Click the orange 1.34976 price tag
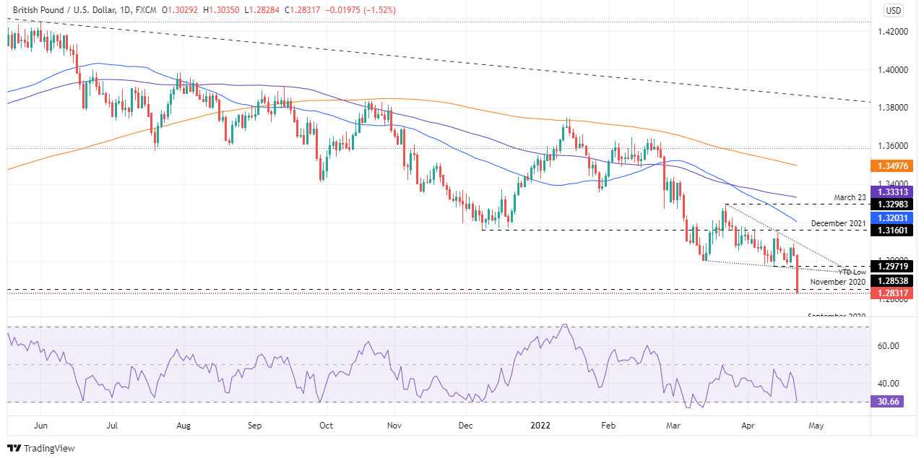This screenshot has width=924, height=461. tap(894, 165)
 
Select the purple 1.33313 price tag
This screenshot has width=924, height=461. tap(894, 191)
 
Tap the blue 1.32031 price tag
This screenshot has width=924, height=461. tap(894, 217)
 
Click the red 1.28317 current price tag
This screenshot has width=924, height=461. tap(894, 293)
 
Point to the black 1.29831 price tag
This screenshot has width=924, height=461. tap(894, 204)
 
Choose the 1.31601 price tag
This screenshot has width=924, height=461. tap(894, 230)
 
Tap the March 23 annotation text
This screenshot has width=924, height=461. tap(850, 197)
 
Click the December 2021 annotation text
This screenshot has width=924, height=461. tap(838, 223)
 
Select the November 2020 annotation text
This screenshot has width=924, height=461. tap(837, 281)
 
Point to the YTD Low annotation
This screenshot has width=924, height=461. tap(852, 271)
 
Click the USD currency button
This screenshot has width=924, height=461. tap(894, 10)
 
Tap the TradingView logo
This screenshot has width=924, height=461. tap(41, 448)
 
